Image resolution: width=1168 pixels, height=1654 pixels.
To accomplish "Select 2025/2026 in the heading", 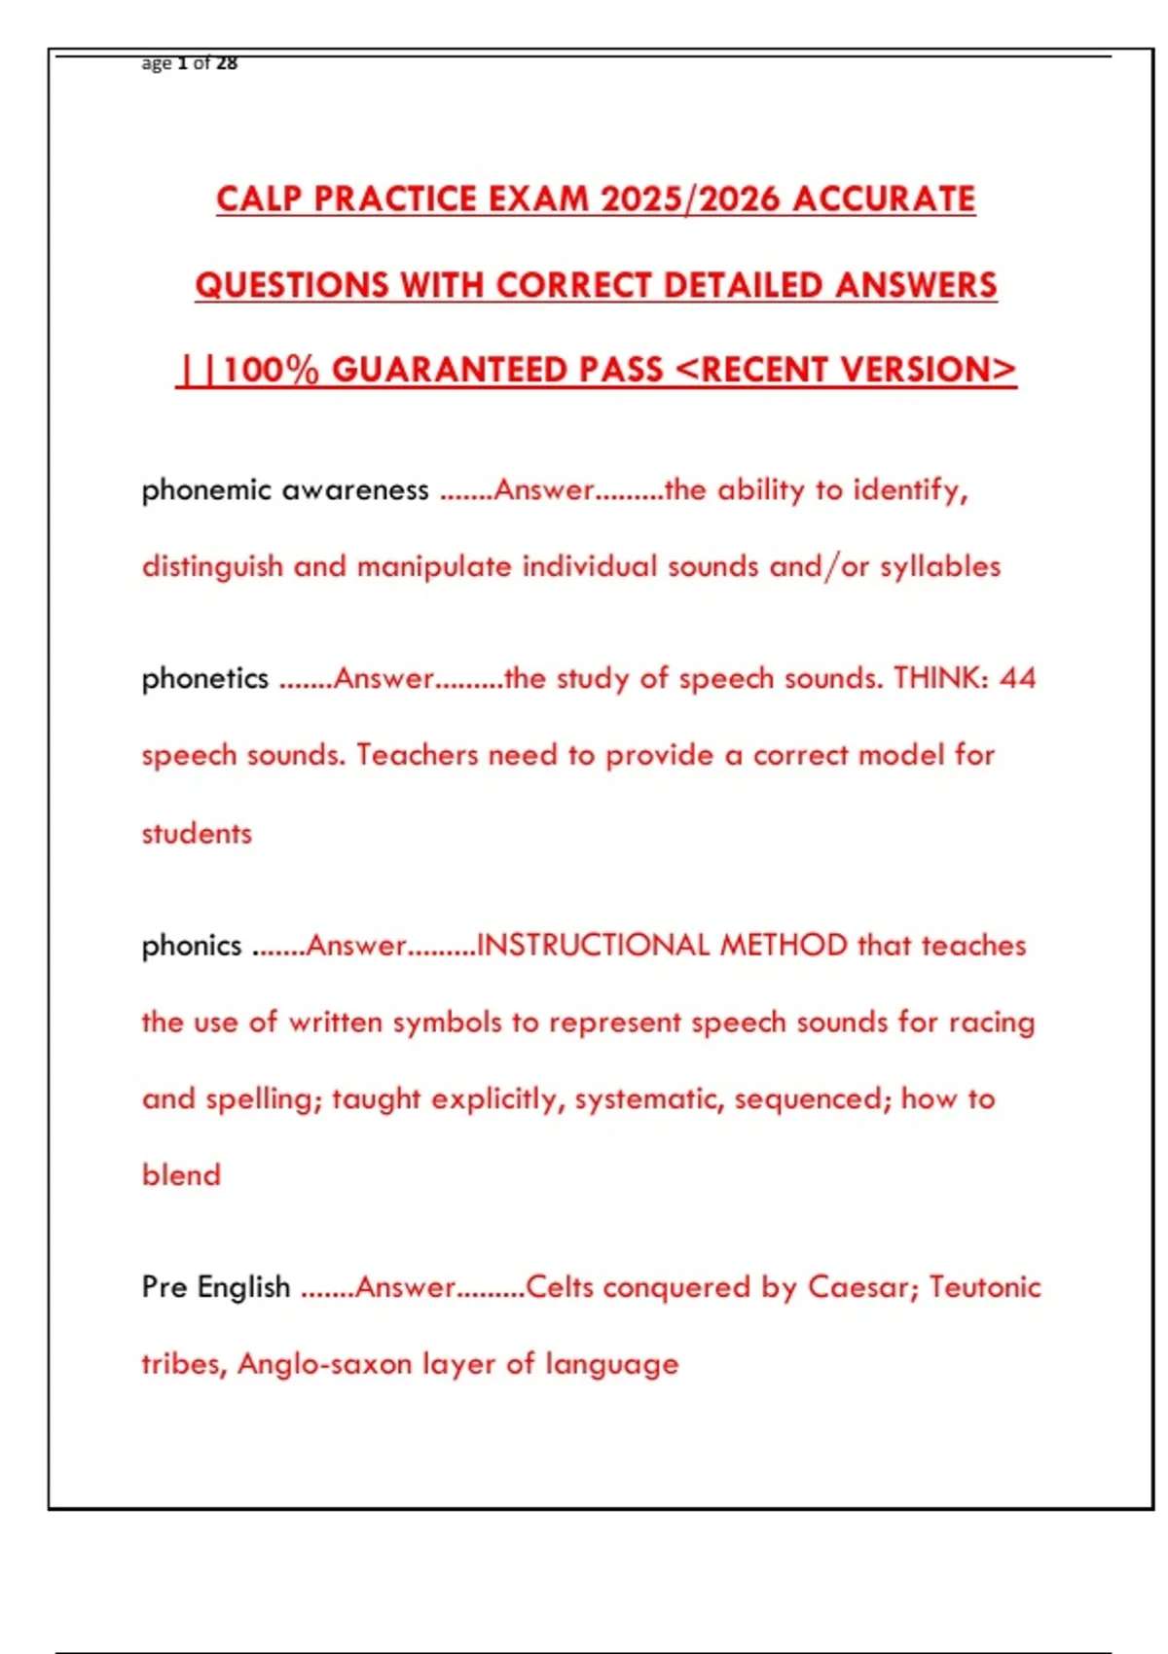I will click(690, 199).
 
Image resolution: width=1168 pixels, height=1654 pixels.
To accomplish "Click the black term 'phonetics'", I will click(205, 678).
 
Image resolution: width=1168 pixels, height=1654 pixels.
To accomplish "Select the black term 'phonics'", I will click(192, 946).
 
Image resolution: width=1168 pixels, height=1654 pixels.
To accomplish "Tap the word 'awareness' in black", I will click(354, 489).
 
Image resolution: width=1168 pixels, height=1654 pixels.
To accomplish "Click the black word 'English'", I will click(243, 1287).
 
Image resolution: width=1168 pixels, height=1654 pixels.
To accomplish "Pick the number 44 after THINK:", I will click(1017, 678).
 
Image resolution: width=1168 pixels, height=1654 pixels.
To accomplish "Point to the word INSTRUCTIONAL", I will click(593, 946).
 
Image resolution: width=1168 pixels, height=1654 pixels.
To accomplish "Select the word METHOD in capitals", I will click(784, 946).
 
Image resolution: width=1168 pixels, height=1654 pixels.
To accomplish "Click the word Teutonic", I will click(985, 1287).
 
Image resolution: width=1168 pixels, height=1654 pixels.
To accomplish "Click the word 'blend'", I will click(181, 1175).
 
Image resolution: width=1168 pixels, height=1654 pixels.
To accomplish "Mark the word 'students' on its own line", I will click(197, 834).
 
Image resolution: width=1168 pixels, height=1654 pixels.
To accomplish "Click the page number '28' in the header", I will click(227, 63).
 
